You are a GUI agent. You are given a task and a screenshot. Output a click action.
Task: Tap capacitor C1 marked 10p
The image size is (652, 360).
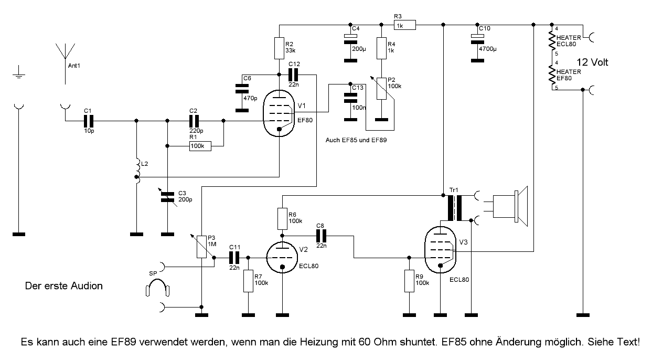(x=88, y=121)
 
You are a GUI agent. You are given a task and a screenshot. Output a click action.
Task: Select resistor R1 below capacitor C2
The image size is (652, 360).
(x=200, y=146)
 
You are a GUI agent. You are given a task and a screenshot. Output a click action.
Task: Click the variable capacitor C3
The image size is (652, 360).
(x=167, y=197)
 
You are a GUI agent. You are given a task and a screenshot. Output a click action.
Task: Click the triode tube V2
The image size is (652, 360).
(x=282, y=257)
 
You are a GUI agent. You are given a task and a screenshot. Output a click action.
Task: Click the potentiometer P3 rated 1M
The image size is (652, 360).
(x=201, y=246)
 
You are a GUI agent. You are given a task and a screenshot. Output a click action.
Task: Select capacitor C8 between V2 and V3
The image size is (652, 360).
(x=321, y=236)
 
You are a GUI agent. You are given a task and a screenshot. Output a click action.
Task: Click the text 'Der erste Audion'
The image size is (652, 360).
(x=64, y=287)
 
